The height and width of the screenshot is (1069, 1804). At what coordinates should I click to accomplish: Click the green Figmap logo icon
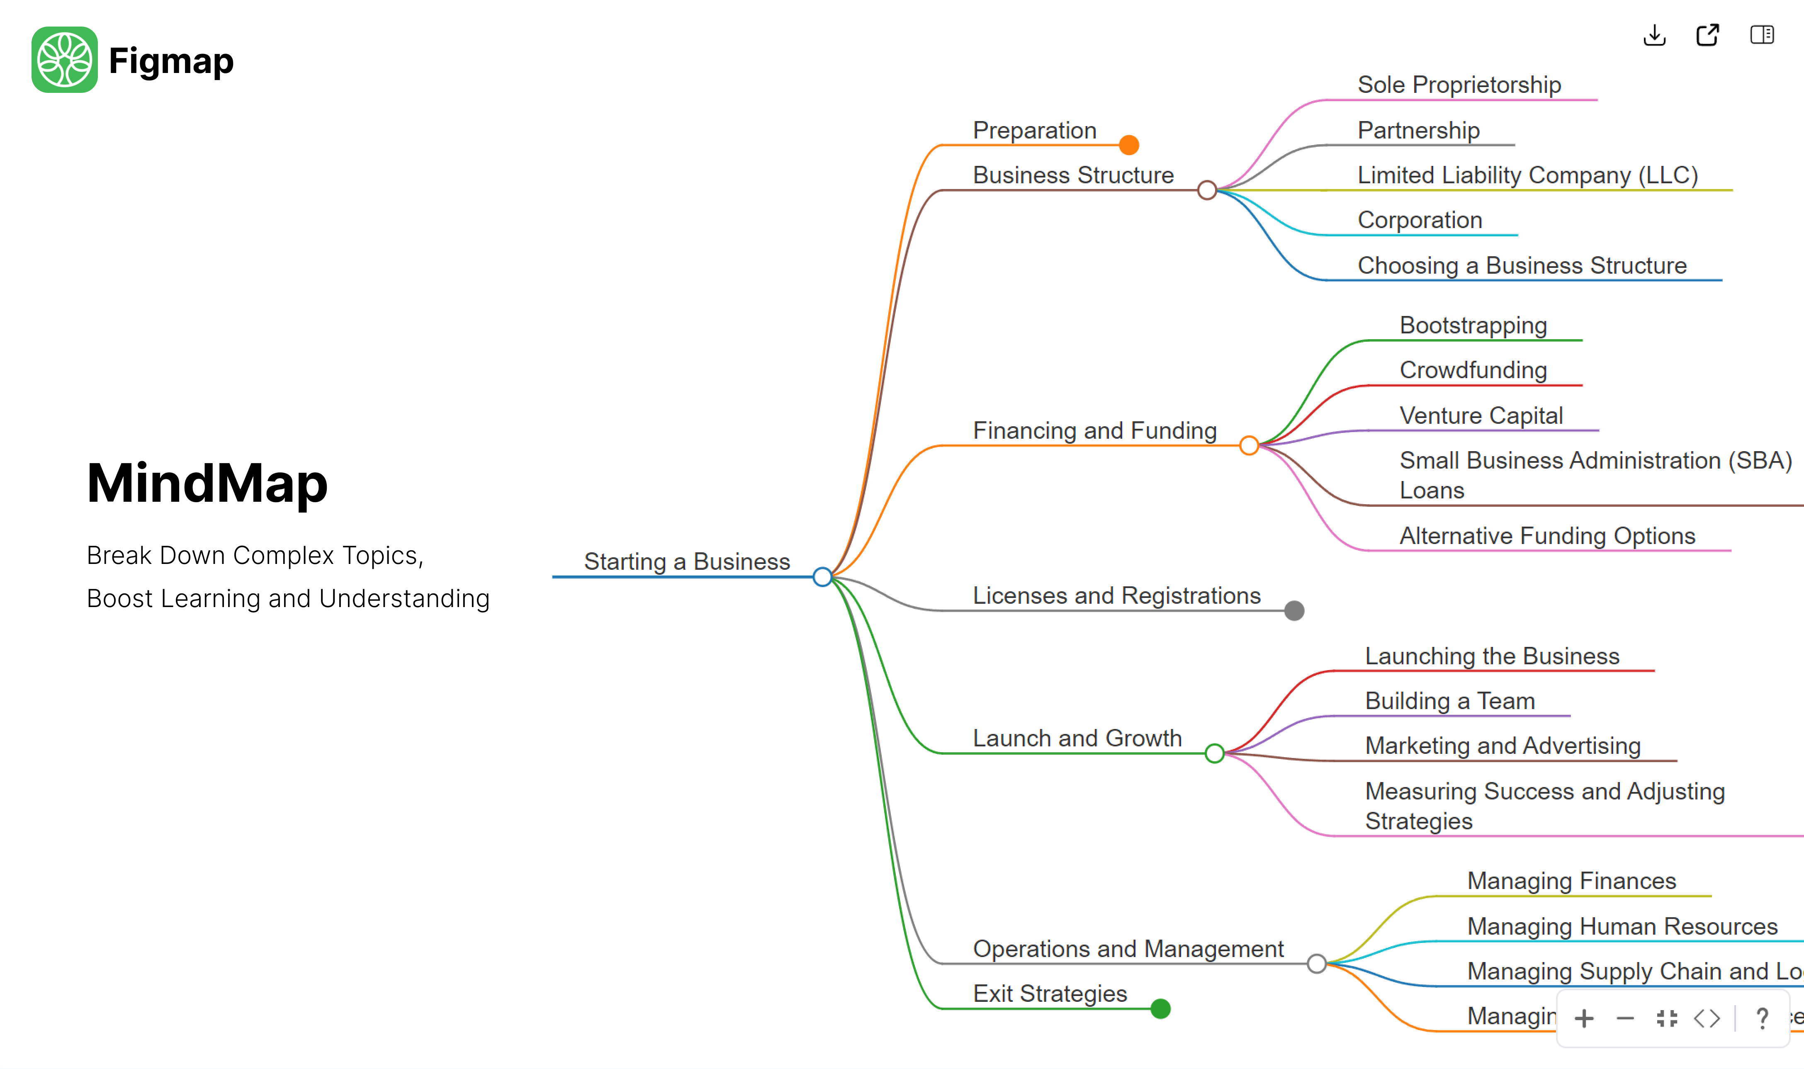[64, 60]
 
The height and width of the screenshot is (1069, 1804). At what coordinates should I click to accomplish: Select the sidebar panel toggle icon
[1762, 34]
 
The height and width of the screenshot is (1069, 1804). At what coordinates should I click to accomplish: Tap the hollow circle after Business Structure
[1207, 190]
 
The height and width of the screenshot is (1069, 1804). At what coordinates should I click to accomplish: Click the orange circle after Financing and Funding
[1249, 446]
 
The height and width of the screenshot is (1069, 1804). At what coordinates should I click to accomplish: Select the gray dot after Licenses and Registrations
[1294, 611]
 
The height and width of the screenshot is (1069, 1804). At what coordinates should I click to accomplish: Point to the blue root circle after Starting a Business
[822, 577]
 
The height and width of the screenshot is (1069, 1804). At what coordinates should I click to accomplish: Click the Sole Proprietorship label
[1459, 85]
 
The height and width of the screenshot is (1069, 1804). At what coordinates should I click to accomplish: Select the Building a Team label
[1449, 701]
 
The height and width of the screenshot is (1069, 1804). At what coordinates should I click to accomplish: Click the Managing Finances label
[1571, 881]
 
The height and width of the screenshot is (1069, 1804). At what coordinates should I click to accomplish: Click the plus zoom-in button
[1583, 1018]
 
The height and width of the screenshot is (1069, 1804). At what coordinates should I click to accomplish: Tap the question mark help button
[1762, 1018]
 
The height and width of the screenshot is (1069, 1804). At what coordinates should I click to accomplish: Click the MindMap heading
[207, 483]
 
